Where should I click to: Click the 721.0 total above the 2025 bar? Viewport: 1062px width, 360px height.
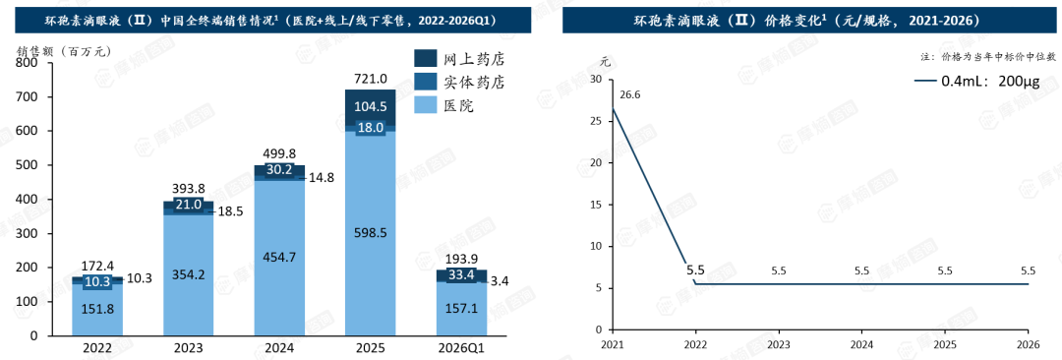[x=371, y=80]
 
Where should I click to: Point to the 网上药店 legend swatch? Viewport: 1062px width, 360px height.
[x=425, y=59]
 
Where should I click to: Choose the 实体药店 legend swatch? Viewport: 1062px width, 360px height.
[x=425, y=82]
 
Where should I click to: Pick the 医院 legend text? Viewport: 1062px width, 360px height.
[x=458, y=105]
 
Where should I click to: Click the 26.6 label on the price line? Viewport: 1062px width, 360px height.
[x=630, y=94]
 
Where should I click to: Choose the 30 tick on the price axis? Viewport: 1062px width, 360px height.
[x=596, y=80]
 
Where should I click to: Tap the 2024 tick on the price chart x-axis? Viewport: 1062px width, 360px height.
[x=861, y=344]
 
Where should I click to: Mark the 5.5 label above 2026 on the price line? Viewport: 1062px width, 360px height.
[x=1028, y=270]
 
